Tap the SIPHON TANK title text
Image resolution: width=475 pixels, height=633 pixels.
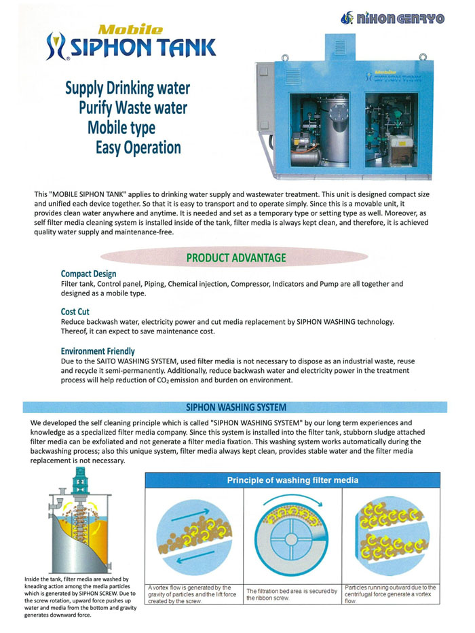click(x=139, y=48)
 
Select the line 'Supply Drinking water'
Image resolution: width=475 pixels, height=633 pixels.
click(x=127, y=88)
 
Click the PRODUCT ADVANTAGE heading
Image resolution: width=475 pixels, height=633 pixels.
click(x=235, y=258)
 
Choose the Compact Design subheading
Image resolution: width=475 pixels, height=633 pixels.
click(x=88, y=274)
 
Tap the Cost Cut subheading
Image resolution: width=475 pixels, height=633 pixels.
click(x=75, y=312)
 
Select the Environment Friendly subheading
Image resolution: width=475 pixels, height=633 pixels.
click(x=98, y=351)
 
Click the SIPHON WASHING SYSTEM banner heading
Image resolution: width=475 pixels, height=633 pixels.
click(x=235, y=408)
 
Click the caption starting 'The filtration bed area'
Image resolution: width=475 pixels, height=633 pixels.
click(x=292, y=594)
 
